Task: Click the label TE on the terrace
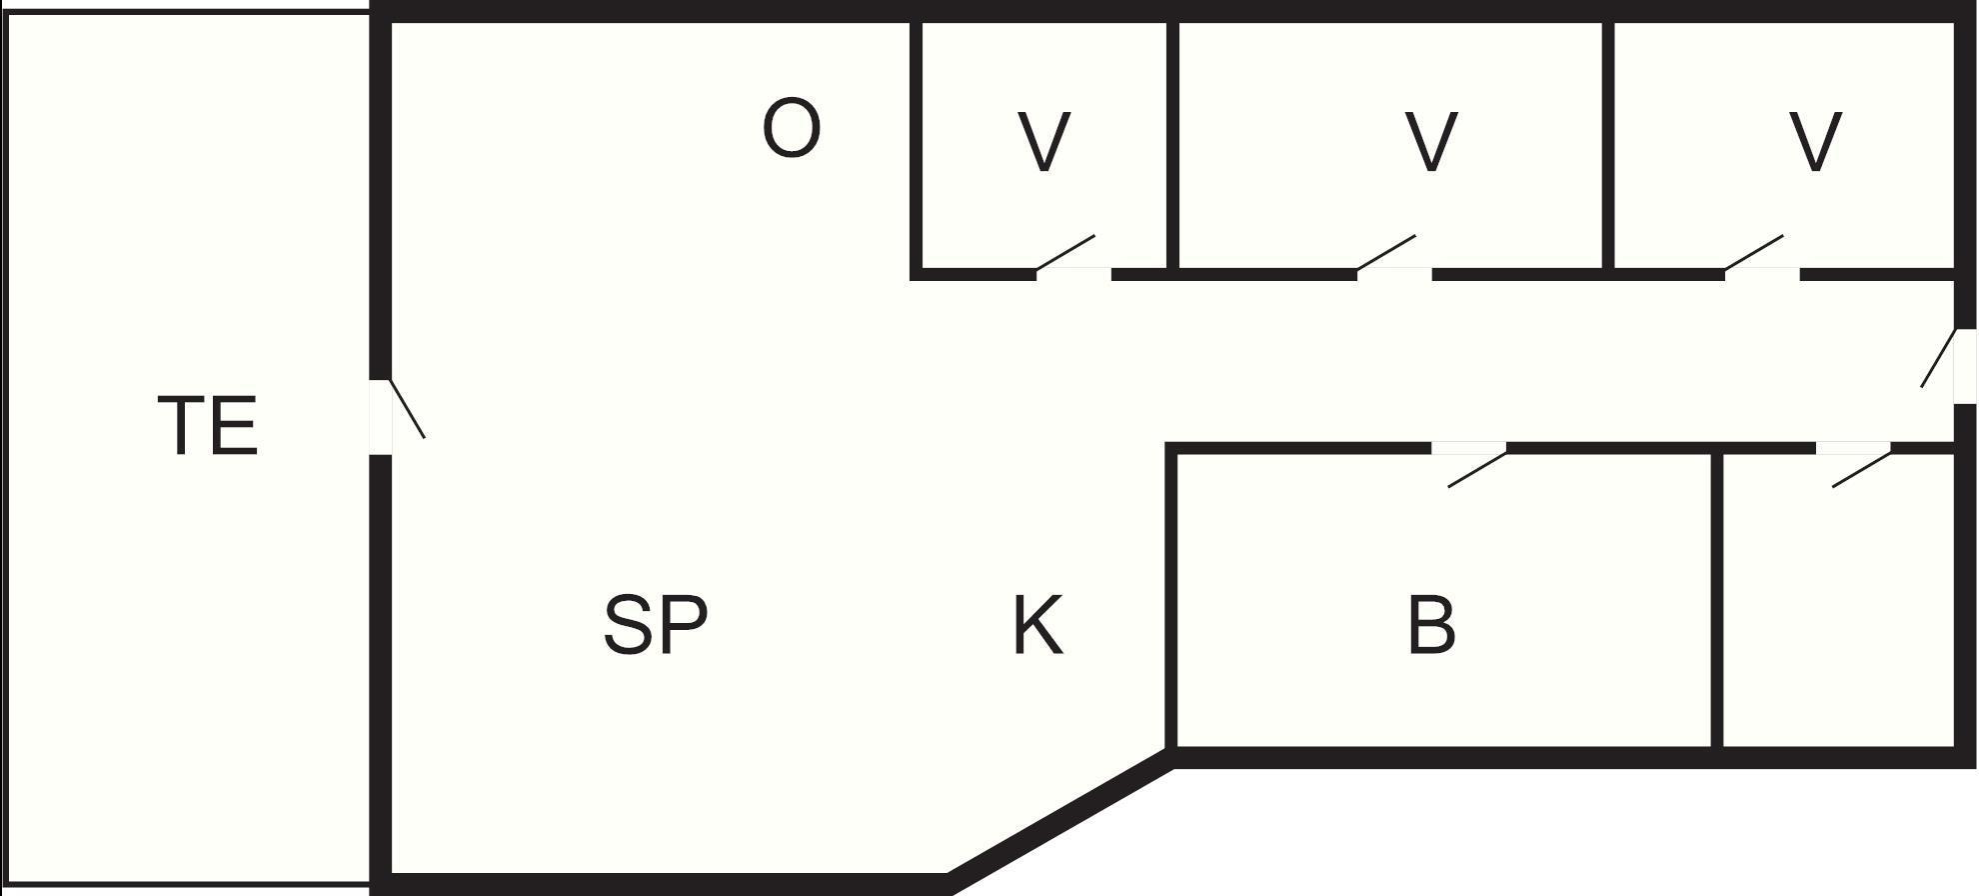tap(208, 426)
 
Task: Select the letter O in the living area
tap(792, 128)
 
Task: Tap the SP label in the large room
tap(656, 624)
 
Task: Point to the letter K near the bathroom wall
tap(1038, 625)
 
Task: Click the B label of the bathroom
tap(1431, 625)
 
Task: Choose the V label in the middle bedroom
tap(1430, 141)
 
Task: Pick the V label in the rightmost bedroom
tap(1814, 141)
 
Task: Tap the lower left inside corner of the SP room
tap(392, 873)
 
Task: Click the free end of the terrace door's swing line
tap(426, 438)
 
